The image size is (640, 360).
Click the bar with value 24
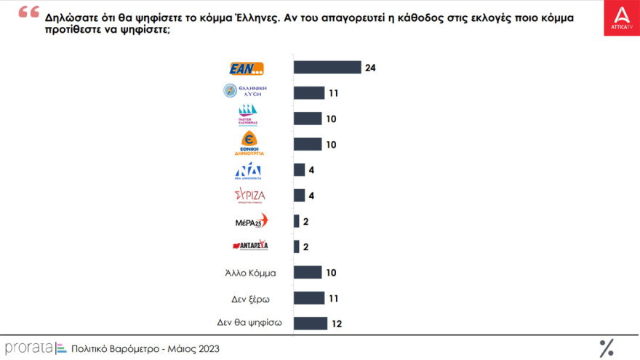coord(327,68)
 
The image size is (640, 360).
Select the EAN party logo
coord(247,68)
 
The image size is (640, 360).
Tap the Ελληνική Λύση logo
coord(245,92)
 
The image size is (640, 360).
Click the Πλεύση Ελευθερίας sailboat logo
coord(248,116)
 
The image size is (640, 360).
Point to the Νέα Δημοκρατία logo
coord(248,172)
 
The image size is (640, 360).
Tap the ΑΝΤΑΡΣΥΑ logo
coord(250,246)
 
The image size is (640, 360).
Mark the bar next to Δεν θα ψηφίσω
coord(311,323)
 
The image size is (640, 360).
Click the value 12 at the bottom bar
coord(337,324)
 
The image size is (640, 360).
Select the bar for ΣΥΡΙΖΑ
coord(299,195)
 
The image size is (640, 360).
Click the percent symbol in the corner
coord(607,348)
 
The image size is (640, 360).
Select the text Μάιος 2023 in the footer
coord(192,349)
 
